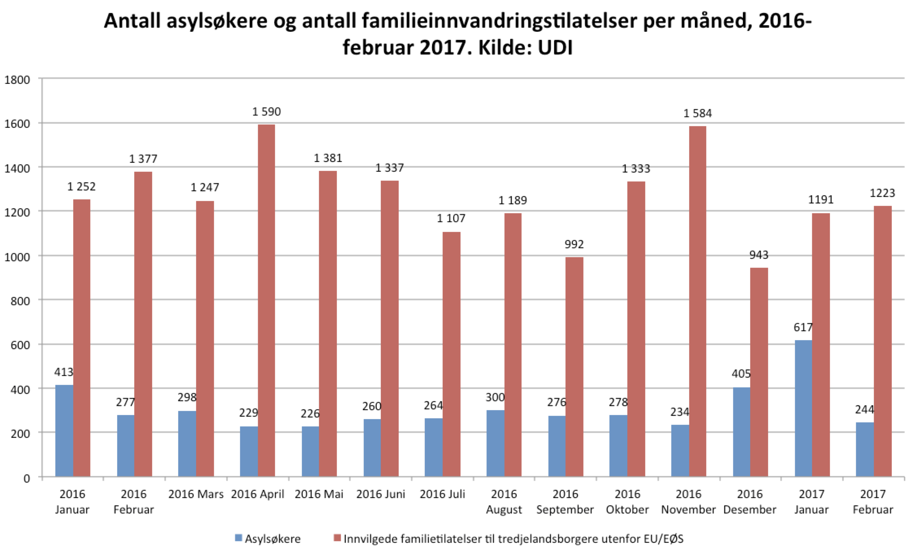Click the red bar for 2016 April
[266, 301]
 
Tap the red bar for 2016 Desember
[759, 372]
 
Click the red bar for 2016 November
[697, 301]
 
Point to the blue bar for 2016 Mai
[310, 451]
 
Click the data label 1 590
[266, 111]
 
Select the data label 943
[759, 255]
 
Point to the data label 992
[574, 244]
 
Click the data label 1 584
[697, 114]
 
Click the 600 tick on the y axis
[22, 345]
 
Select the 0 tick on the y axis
[26, 479]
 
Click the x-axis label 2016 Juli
[442, 494]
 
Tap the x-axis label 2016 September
[565, 502]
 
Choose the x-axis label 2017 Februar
[873, 502]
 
